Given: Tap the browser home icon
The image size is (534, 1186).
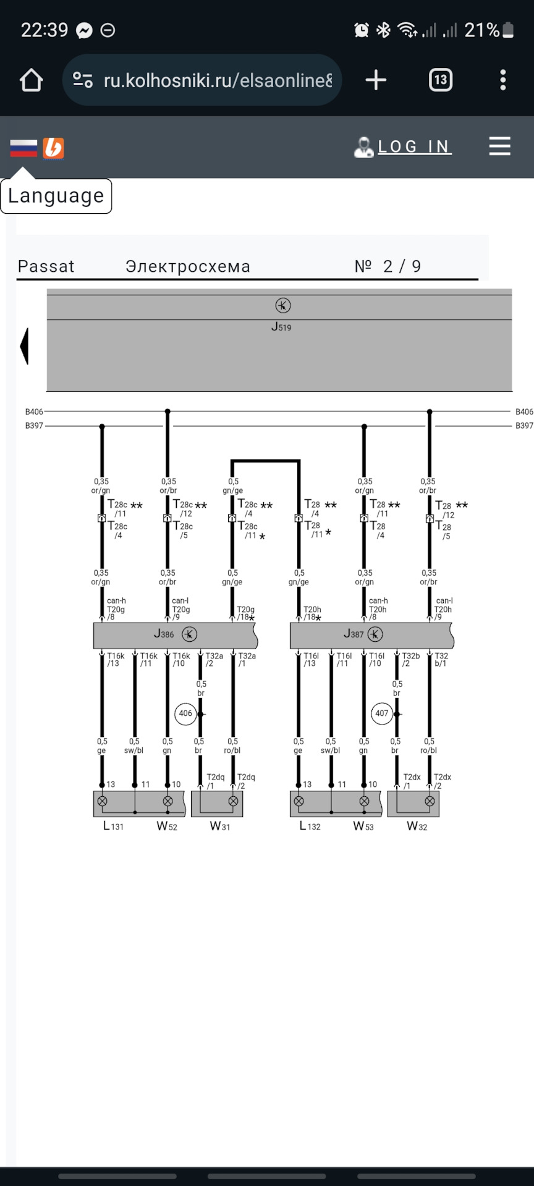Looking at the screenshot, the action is (x=31, y=80).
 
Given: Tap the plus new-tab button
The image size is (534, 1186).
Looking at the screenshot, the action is (x=376, y=80).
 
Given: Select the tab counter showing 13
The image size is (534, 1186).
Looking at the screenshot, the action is (x=441, y=80).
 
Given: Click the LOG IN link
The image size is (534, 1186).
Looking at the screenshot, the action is (x=414, y=146).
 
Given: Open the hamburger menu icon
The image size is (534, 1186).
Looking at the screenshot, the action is (x=499, y=146).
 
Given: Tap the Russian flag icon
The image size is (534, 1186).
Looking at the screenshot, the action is (x=23, y=148).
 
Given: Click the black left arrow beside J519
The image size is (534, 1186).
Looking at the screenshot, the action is (x=25, y=346).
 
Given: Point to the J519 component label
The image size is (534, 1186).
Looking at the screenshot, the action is (x=281, y=327).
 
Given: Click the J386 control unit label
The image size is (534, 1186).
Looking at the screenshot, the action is (x=164, y=634).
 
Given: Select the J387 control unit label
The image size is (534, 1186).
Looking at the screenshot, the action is (x=354, y=634).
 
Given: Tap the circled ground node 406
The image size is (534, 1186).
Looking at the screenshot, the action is (x=185, y=713).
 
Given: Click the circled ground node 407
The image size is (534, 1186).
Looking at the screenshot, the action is (x=382, y=713).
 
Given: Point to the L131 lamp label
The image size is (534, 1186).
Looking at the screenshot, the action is (x=113, y=826).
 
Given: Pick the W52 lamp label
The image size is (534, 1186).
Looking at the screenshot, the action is (x=167, y=826).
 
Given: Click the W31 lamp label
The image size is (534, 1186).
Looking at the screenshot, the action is (x=220, y=826).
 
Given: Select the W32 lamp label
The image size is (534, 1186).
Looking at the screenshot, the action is (x=417, y=826).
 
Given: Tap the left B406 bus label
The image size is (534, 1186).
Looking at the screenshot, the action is (x=34, y=411).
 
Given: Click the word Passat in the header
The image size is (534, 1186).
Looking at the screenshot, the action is (x=46, y=266).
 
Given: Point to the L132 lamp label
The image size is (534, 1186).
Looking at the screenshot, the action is (x=310, y=826).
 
